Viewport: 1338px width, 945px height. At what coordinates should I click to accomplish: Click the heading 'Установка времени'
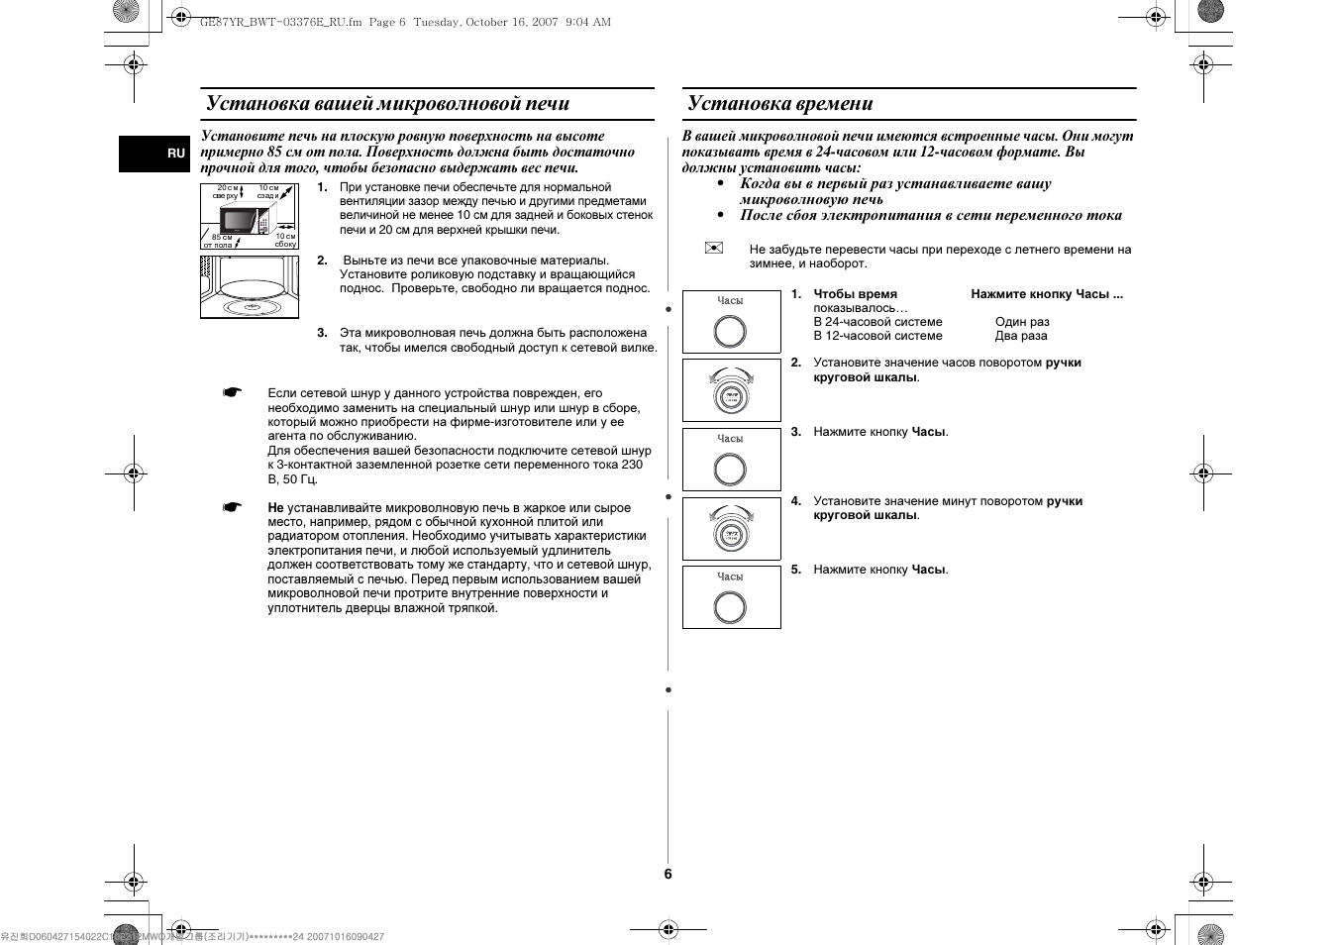coord(780,104)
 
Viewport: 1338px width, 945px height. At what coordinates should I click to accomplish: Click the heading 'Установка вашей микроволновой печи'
coord(387,104)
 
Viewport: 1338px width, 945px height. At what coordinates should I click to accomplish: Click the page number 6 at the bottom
coord(668,874)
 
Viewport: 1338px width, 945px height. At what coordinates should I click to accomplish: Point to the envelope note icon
coord(714,248)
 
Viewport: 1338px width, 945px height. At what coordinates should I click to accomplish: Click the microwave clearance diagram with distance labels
coord(249,216)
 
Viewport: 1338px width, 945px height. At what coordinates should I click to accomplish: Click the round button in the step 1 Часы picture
coord(730,332)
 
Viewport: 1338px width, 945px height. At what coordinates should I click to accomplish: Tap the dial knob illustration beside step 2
coord(731,394)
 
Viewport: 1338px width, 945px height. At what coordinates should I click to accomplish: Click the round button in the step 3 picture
coord(730,470)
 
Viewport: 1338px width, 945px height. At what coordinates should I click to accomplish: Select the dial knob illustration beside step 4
coord(731,532)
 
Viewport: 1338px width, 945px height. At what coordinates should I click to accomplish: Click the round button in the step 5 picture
coord(730,607)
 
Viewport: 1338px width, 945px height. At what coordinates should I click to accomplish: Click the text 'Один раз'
coord(1022,322)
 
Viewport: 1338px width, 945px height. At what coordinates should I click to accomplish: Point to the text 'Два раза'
coord(1021,336)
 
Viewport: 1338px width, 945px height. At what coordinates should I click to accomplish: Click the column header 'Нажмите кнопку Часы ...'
coord(1047,294)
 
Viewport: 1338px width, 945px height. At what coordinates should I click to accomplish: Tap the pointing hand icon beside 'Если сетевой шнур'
coord(232,393)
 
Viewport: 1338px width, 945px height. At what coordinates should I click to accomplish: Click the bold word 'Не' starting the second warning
coord(275,508)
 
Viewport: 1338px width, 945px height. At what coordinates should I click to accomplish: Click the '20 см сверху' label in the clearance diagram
coord(226,191)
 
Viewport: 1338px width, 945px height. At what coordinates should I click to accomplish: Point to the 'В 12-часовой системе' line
coord(877,336)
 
